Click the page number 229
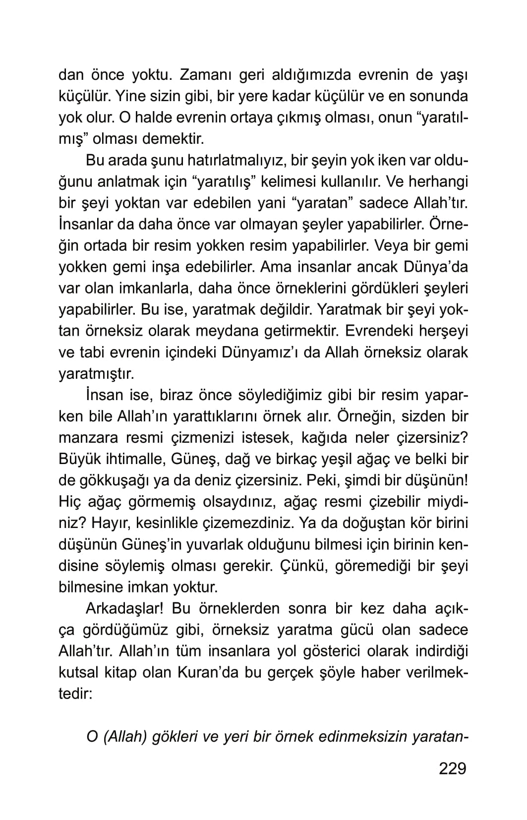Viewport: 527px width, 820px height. pyautogui.click(x=453, y=768)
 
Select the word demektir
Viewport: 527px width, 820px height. pyautogui.click(x=173, y=139)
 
